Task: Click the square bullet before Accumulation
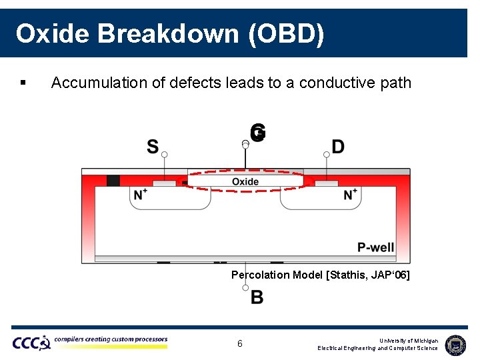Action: tap(23, 83)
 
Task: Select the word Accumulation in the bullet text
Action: tap(95, 83)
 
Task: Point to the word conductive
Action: tap(335, 83)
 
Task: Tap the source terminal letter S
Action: tap(153, 147)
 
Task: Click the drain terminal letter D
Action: tap(338, 147)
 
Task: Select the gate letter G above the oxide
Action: tap(259, 133)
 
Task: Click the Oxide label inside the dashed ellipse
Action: tap(245, 182)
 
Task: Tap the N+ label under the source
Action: tap(141, 195)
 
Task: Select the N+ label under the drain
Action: tap(351, 195)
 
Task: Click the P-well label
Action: tap(375, 247)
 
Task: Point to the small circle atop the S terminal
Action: tap(165, 155)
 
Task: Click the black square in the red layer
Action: tap(113, 181)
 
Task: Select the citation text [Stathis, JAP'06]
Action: tap(368, 275)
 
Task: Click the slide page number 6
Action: tap(240, 344)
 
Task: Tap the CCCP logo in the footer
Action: tap(31, 343)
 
